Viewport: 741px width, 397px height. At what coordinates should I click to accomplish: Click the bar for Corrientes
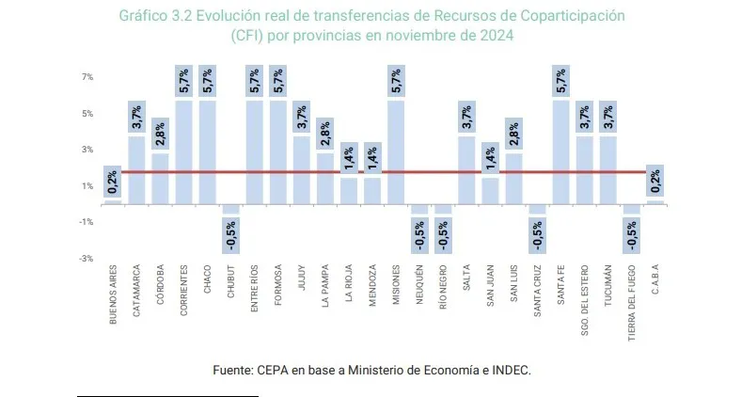183,151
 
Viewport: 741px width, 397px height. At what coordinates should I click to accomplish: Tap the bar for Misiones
396,151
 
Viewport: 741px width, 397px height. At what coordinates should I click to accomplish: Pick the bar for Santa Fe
560,151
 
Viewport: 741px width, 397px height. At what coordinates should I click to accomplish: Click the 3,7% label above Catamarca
136,118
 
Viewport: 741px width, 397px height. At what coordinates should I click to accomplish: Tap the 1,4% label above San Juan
490,159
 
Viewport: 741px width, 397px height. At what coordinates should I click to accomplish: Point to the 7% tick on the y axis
87,77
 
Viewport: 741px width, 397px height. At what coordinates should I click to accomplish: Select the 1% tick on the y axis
87,185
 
